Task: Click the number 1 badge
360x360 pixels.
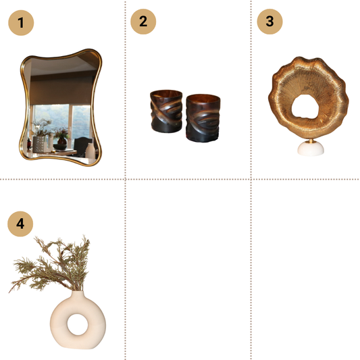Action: point(21,22)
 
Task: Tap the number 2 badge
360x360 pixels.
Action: point(143,21)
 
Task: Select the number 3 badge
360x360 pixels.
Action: point(269,21)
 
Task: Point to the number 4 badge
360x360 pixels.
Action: point(20,224)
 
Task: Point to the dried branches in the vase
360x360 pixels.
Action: point(51,267)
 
